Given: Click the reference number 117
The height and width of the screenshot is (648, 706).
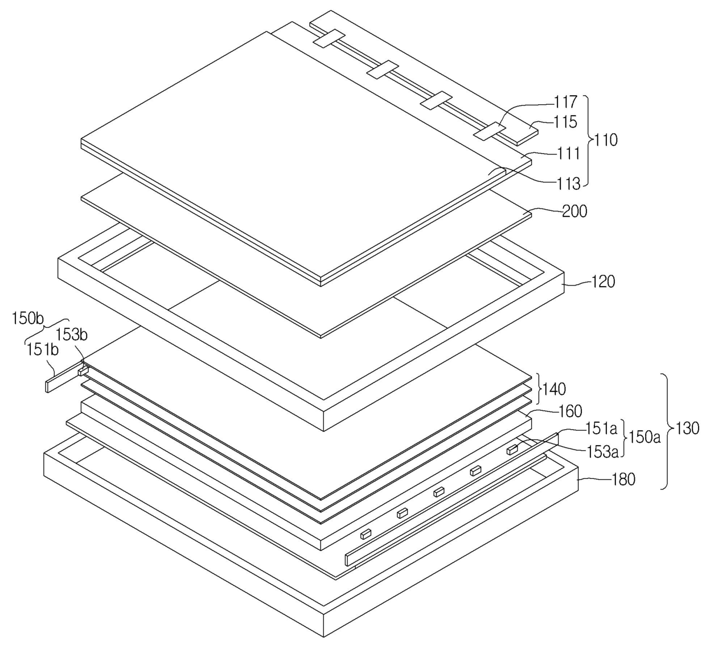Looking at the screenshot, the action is tap(565, 103).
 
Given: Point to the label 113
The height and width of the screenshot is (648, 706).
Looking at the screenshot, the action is tap(569, 184).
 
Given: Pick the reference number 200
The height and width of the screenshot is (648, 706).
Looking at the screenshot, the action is tap(574, 211).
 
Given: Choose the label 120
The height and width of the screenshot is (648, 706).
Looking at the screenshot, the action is tap(603, 282).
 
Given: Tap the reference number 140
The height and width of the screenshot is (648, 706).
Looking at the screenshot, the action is tap(554, 389).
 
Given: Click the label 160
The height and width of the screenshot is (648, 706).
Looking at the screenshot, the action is tap(570, 411).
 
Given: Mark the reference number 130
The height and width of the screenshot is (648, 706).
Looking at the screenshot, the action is tap(687, 429).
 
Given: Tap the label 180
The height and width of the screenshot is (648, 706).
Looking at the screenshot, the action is tap(622, 480).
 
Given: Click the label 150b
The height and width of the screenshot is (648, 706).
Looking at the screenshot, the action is tap(28, 318).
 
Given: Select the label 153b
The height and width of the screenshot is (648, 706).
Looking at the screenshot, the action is tap(71, 335).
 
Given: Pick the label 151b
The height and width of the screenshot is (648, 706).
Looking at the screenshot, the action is tap(42, 349).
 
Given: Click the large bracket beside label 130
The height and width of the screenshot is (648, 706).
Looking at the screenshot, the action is tap(665, 431).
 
